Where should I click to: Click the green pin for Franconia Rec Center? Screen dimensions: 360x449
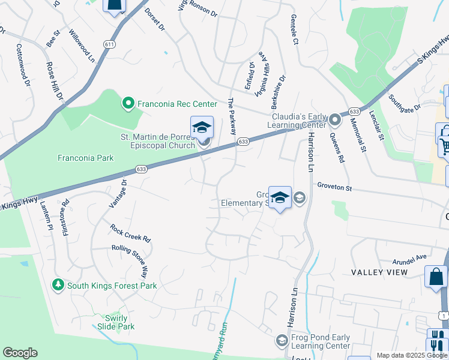pyautogui.click(x=127, y=104)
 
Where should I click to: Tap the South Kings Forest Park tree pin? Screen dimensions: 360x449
pyautogui.click(x=58, y=284)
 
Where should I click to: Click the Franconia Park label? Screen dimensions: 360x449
pyautogui.click(x=86, y=158)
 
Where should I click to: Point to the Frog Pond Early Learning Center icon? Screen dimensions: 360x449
pyautogui.click(x=280, y=341)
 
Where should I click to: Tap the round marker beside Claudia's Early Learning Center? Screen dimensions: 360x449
pyautogui.click(x=335, y=121)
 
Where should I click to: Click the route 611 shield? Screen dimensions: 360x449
pyautogui.click(x=109, y=44)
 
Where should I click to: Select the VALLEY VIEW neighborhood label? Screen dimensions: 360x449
pyautogui.click(x=379, y=272)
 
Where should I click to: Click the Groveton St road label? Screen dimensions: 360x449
pyautogui.click(x=334, y=187)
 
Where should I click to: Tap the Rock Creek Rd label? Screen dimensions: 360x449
pyautogui.click(x=130, y=233)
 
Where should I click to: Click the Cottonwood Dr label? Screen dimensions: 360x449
pyautogui.click(x=23, y=64)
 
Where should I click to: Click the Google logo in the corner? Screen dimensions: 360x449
pyautogui.click(x=20, y=353)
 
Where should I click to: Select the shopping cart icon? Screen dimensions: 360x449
pyautogui.click(x=445, y=146)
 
